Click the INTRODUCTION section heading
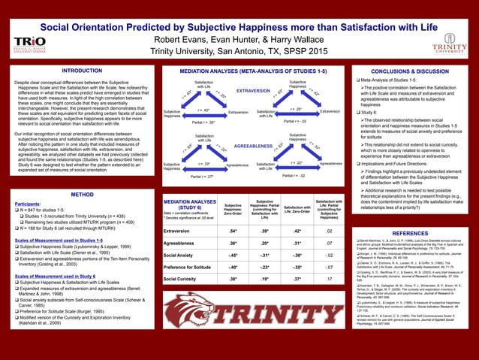[x=82, y=70]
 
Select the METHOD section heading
[x=82, y=194]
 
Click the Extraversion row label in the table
[x=179, y=231]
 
